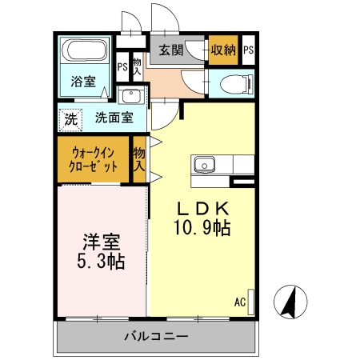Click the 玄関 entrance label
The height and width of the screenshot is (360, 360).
(170, 50)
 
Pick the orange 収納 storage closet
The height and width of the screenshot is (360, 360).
(223, 50)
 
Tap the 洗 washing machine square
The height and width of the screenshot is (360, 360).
(71, 118)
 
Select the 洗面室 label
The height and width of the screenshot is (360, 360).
(114, 118)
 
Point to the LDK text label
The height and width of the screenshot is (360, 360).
(203, 207)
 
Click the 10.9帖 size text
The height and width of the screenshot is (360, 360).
(203, 228)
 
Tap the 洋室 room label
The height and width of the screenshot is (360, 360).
(101, 240)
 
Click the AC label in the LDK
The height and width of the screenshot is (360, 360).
(239, 302)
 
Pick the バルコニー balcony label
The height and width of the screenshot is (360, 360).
(155, 335)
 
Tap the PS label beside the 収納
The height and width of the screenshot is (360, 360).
(248, 50)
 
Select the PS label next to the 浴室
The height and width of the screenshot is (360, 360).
(122, 68)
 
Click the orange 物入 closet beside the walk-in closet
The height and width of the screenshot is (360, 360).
(139, 159)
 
